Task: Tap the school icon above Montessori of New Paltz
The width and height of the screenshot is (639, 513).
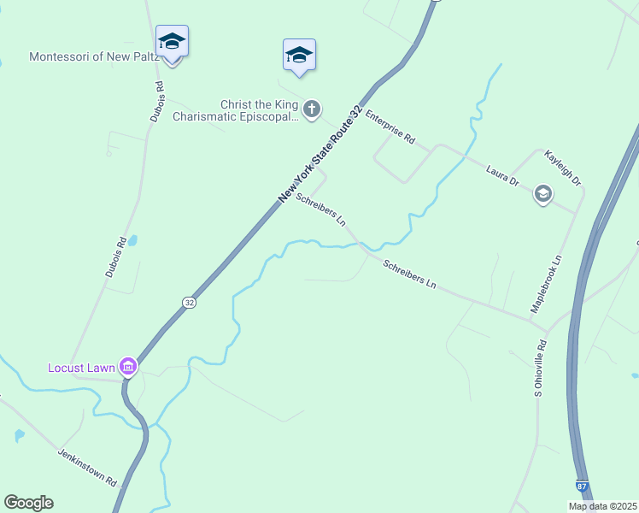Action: click(x=172, y=42)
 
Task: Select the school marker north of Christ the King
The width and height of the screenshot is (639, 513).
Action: click(x=299, y=55)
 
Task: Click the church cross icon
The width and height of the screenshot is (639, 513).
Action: click(x=313, y=109)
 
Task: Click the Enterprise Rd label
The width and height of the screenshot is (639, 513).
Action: click(x=390, y=126)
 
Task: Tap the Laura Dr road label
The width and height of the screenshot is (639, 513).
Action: click(x=502, y=175)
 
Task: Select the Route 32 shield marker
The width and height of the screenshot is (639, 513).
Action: click(x=189, y=303)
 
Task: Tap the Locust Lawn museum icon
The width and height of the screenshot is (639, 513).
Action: click(x=128, y=367)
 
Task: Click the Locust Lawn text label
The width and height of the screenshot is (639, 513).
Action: click(x=81, y=368)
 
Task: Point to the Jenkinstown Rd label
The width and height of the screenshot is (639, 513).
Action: click(x=87, y=468)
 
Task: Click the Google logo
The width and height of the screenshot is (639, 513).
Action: click(x=28, y=503)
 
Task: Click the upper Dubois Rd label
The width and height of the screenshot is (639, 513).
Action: click(x=156, y=101)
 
